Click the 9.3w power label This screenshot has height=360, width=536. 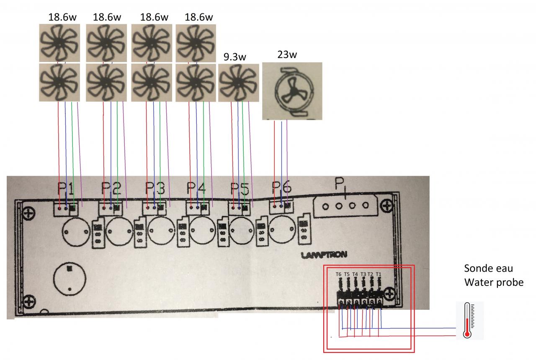tap(235, 57)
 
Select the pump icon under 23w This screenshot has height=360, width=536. tap(292, 91)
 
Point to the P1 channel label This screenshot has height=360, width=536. tap(66, 189)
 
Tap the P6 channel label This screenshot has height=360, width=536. tap(282, 188)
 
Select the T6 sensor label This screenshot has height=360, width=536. tap(338, 274)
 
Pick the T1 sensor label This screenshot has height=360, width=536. tap(379, 274)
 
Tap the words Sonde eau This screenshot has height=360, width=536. tap(488, 268)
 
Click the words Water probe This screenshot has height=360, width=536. tap(494, 283)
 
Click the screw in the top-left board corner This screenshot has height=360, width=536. tap(29, 214)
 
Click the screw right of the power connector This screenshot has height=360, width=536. tap(387, 206)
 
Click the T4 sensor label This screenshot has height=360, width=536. tap(355, 274)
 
